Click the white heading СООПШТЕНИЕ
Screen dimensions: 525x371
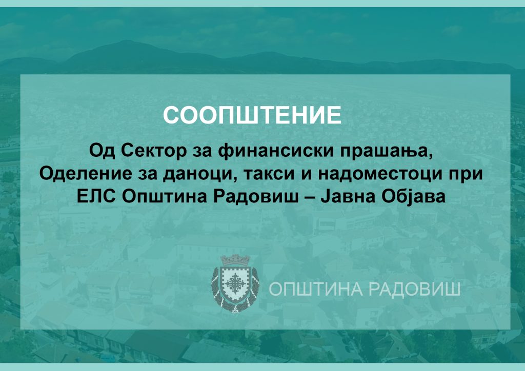tap(252, 115)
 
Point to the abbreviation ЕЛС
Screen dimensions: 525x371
tap(96, 196)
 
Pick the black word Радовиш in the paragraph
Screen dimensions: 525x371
tap(256, 197)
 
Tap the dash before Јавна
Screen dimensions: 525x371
tap(309, 197)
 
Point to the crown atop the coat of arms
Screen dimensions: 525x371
tap(235, 260)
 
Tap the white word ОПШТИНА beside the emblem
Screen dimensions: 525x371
tap(315, 289)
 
